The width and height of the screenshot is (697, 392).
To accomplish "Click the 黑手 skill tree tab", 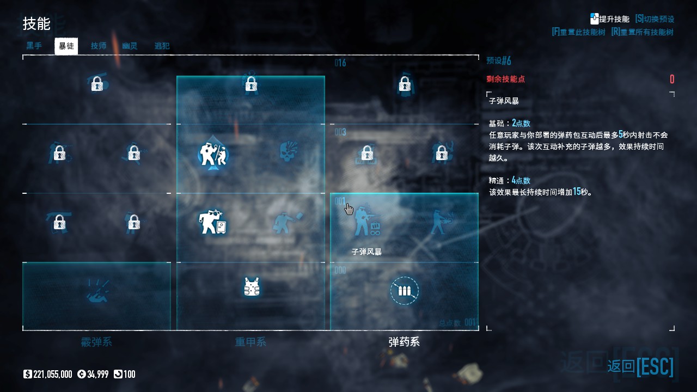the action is [x=34, y=46].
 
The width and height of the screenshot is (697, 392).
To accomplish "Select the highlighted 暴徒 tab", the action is [x=66, y=46].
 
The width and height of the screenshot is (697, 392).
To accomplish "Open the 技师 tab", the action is [x=99, y=46].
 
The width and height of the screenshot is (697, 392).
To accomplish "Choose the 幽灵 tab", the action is [x=130, y=46].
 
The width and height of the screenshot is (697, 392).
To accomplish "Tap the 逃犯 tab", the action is [x=162, y=46].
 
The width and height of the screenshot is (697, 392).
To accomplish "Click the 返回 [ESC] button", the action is [x=640, y=366].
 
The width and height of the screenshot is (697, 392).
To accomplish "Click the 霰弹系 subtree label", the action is [x=96, y=342].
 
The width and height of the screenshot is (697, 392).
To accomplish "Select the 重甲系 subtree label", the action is [x=250, y=342].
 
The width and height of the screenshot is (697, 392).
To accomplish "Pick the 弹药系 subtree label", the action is [x=404, y=342].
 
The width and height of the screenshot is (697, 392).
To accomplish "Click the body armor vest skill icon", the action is [x=251, y=286].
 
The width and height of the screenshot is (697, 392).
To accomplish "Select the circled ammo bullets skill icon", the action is [x=404, y=291].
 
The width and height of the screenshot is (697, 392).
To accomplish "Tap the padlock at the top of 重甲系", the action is [x=250, y=84].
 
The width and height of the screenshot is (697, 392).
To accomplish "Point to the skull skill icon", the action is [x=288, y=152].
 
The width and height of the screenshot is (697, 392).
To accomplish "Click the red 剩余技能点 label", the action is [x=505, y=79].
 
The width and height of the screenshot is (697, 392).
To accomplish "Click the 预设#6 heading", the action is [x=499, y=60].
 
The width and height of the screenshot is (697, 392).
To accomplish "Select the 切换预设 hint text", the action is [x=655, y=19].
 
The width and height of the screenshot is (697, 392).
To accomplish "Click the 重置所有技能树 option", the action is [x=643, y=32].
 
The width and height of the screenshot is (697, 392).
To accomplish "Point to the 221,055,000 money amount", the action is [x=52, y=374].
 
